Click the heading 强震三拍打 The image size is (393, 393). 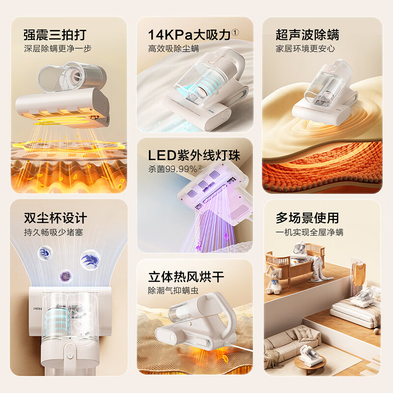pos(55,35)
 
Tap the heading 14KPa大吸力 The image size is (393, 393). pos(189,35)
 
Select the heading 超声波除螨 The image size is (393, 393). pos(308,35)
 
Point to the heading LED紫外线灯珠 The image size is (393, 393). pos(194,155)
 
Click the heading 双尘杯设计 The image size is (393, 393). pos(56,218)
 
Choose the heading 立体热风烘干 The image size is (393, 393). pos(186,277)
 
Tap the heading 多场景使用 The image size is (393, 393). pos(308,218)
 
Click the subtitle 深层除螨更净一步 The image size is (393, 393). pos(57,49)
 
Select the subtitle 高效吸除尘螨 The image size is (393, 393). pos(173,49)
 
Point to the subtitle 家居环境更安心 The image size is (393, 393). pos(305,49)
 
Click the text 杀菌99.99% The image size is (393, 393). pos(173,169)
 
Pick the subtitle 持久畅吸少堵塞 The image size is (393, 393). pos(54,232)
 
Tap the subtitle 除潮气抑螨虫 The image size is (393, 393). pos(173,290)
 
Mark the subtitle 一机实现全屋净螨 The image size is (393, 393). pos(309,232)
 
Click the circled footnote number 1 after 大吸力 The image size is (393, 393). pos(235,32)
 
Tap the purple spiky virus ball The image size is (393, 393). pos(66,276)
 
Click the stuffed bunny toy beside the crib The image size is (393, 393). pos(274,280)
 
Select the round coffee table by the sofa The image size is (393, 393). pos(310,363)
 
